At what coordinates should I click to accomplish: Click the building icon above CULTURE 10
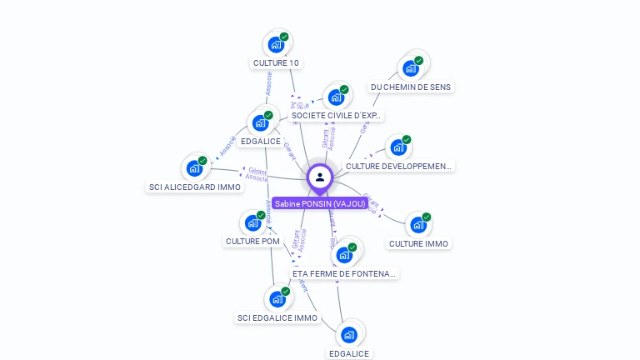click(276, 44)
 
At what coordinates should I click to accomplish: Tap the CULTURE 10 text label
click(276, 62)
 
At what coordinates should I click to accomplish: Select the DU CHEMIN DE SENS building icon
click(411, 68)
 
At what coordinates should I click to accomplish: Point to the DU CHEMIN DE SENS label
click(412, 87)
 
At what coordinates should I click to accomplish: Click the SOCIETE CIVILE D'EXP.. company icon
click(336, 97)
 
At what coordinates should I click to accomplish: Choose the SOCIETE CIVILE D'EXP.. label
click(336, 116)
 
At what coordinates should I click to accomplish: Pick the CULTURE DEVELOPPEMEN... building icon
click(398, 147)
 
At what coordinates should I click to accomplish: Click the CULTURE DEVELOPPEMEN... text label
click(399, 166)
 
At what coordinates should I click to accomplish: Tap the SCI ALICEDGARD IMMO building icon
click(195, 168)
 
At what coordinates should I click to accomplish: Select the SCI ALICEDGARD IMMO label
click(195, 187)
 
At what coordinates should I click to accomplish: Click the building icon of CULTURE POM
click(252, 223)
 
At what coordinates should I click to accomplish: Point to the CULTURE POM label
click(252, 241)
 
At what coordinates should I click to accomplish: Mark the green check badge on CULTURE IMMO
click(427, 217)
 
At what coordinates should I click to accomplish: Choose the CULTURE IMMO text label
click(418, 243)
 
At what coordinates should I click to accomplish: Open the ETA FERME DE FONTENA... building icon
click(344, 254)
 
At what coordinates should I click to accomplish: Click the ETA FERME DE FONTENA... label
click(345, 272)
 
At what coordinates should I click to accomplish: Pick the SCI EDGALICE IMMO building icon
click(277, 299)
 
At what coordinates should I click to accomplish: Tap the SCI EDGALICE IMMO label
click(277, 317)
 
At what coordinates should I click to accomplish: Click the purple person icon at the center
click(320, 177)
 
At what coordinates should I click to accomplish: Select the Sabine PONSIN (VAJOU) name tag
click(320, 203)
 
